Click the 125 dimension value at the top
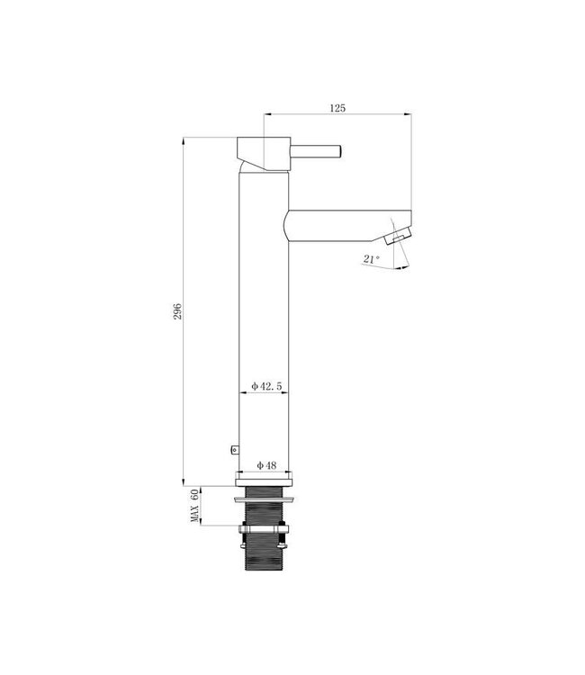(337, 108)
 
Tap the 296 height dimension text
(178, 311)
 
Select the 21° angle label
(370, 259)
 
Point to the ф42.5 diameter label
(266, 385)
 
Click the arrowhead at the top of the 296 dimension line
(184, 141)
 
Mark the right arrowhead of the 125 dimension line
(408, 115)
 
